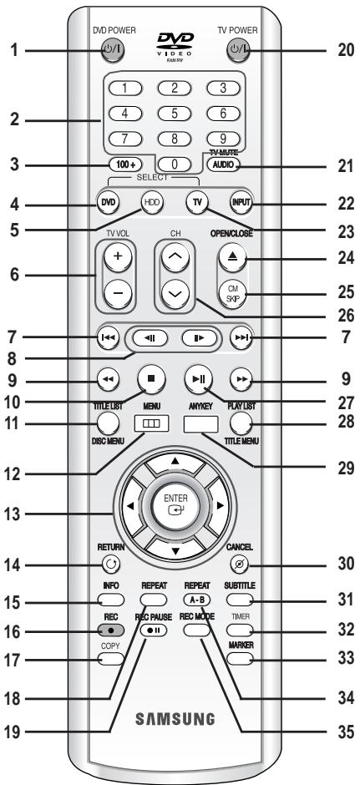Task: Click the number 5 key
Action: pos(175,113)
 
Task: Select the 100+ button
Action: pos(124,164)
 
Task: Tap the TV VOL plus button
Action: pos(118,256)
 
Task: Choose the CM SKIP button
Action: pos(232,291)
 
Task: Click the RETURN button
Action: pos(110,565)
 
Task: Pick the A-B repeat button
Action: pos(197,600)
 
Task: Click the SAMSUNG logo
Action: pos(175,719)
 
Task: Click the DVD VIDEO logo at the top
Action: pos(175,45)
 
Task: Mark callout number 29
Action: pos(345,468)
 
